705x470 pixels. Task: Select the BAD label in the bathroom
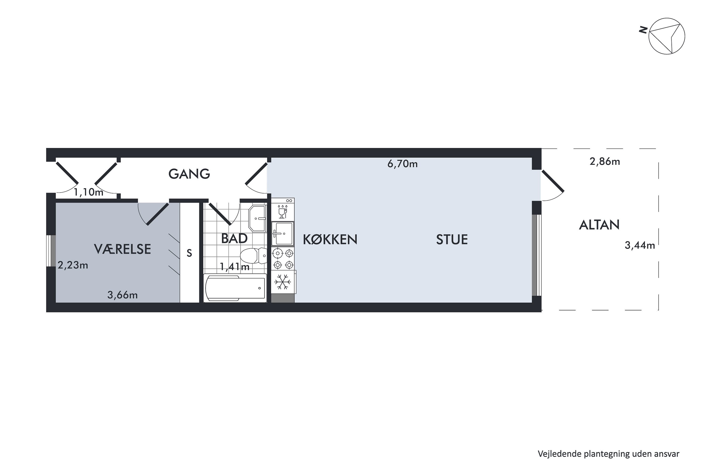(234, 239)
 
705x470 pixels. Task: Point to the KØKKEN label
(330, 239)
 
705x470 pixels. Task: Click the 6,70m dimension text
(402, 164)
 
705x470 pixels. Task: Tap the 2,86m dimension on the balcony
(605, 162)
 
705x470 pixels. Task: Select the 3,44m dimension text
(640, 246)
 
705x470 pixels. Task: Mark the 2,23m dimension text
(73, 265)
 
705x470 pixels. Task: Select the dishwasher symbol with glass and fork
(283, 211)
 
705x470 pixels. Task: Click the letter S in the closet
(189, 254)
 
